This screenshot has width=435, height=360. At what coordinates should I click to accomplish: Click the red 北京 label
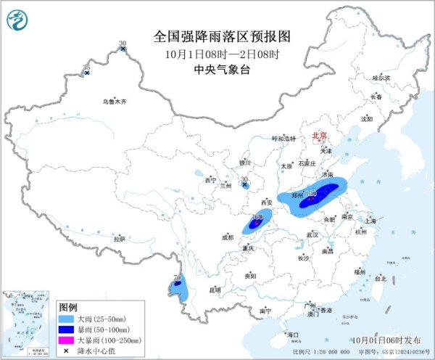[x=320, y=136]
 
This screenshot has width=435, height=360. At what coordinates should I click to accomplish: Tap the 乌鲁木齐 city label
[x=114, y=102]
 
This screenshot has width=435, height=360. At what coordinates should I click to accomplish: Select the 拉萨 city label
[x=120, y=238]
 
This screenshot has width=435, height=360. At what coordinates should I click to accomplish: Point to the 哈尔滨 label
[x=381, y=77]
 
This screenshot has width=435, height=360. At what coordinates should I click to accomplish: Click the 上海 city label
[x=370, y=220]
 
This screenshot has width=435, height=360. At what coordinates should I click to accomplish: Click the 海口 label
[x=293, y=335]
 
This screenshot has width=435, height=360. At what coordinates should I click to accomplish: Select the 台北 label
[x=381, y=278]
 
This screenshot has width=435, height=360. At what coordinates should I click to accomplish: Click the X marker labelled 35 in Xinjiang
[x=87, y=73]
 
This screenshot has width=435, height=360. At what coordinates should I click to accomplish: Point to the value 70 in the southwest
[x=178, y=277]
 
